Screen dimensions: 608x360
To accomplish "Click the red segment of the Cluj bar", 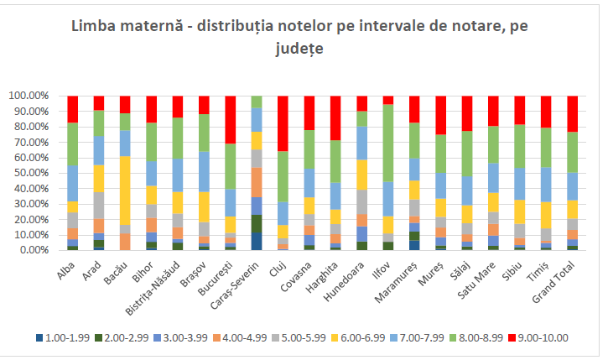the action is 283,123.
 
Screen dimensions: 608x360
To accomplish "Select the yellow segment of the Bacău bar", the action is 125,190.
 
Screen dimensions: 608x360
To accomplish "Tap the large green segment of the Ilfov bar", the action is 388,143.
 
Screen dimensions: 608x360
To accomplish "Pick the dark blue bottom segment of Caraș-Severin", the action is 257,242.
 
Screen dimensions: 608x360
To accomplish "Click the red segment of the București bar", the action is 231,120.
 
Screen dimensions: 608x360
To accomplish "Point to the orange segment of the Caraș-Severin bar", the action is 257,182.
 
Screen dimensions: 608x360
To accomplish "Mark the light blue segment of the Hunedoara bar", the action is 361,143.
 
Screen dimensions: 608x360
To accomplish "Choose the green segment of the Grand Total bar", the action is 572,152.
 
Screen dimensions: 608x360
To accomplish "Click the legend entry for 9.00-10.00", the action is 538,338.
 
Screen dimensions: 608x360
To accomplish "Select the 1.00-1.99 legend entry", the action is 63,338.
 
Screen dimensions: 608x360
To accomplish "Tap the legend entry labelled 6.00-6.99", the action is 358,338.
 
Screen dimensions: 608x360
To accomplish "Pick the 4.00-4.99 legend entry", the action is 240,338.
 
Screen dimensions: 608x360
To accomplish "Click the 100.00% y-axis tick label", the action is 29,96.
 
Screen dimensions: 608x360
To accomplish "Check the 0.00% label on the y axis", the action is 34,250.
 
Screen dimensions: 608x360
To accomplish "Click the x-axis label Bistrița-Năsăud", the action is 153,288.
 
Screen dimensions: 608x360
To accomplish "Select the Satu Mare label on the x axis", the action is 476,280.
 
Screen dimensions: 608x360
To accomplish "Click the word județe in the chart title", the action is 299,49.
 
